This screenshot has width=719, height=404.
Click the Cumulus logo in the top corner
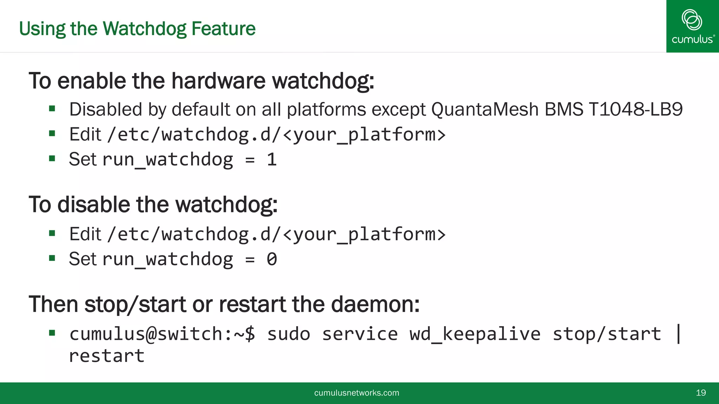coord(692,26)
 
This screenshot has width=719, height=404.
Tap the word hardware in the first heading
coord(218,81)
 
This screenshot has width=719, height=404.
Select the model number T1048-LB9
coord(635,109)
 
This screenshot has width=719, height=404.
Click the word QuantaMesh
coord(485,109)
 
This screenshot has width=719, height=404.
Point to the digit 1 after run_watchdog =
coord(272,160)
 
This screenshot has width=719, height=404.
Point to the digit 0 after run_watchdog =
coord(272,260)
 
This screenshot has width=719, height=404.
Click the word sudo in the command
coord(289,334)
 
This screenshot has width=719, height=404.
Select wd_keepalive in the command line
coord(475,334)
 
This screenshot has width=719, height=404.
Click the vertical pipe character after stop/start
coord(679,334)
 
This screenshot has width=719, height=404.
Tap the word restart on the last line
coord(107,356)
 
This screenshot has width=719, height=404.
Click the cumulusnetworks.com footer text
coord(356,393)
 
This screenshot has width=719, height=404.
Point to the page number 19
coord(701,393)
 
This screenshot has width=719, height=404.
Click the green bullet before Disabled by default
coord(52,108)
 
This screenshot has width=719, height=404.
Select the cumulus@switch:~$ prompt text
coord(162,334)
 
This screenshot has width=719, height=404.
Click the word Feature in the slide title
coord(223,29)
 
